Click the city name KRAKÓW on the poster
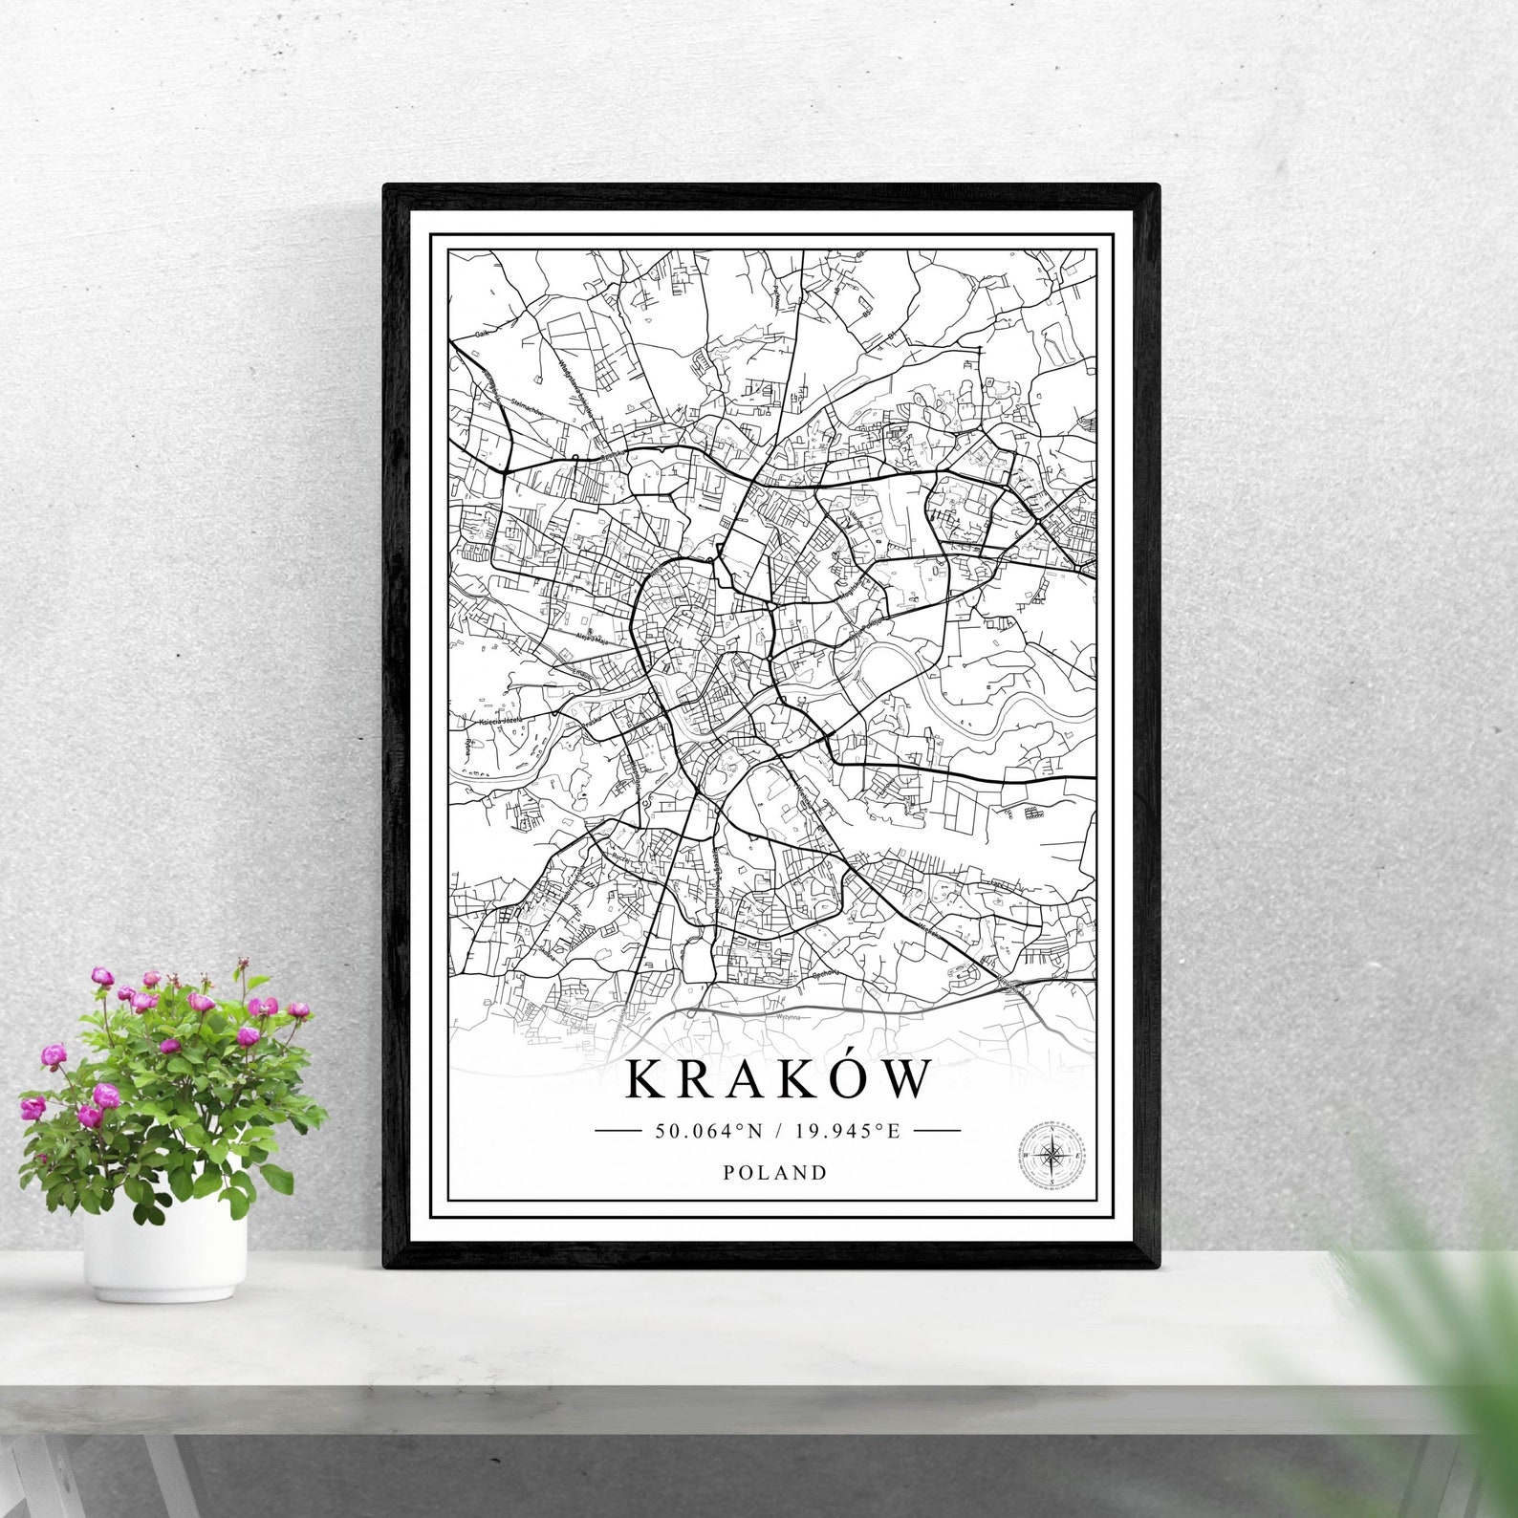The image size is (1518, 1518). [777, 1079]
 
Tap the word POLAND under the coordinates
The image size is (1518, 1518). [775, 1172]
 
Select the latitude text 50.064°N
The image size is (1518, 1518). [708, 1131]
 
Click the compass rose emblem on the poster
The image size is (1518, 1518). [1052, 1156]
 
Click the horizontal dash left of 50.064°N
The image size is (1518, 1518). [618, 1131]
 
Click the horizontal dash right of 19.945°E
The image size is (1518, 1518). [937, 1131]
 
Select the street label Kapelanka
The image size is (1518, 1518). [636, 779]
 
